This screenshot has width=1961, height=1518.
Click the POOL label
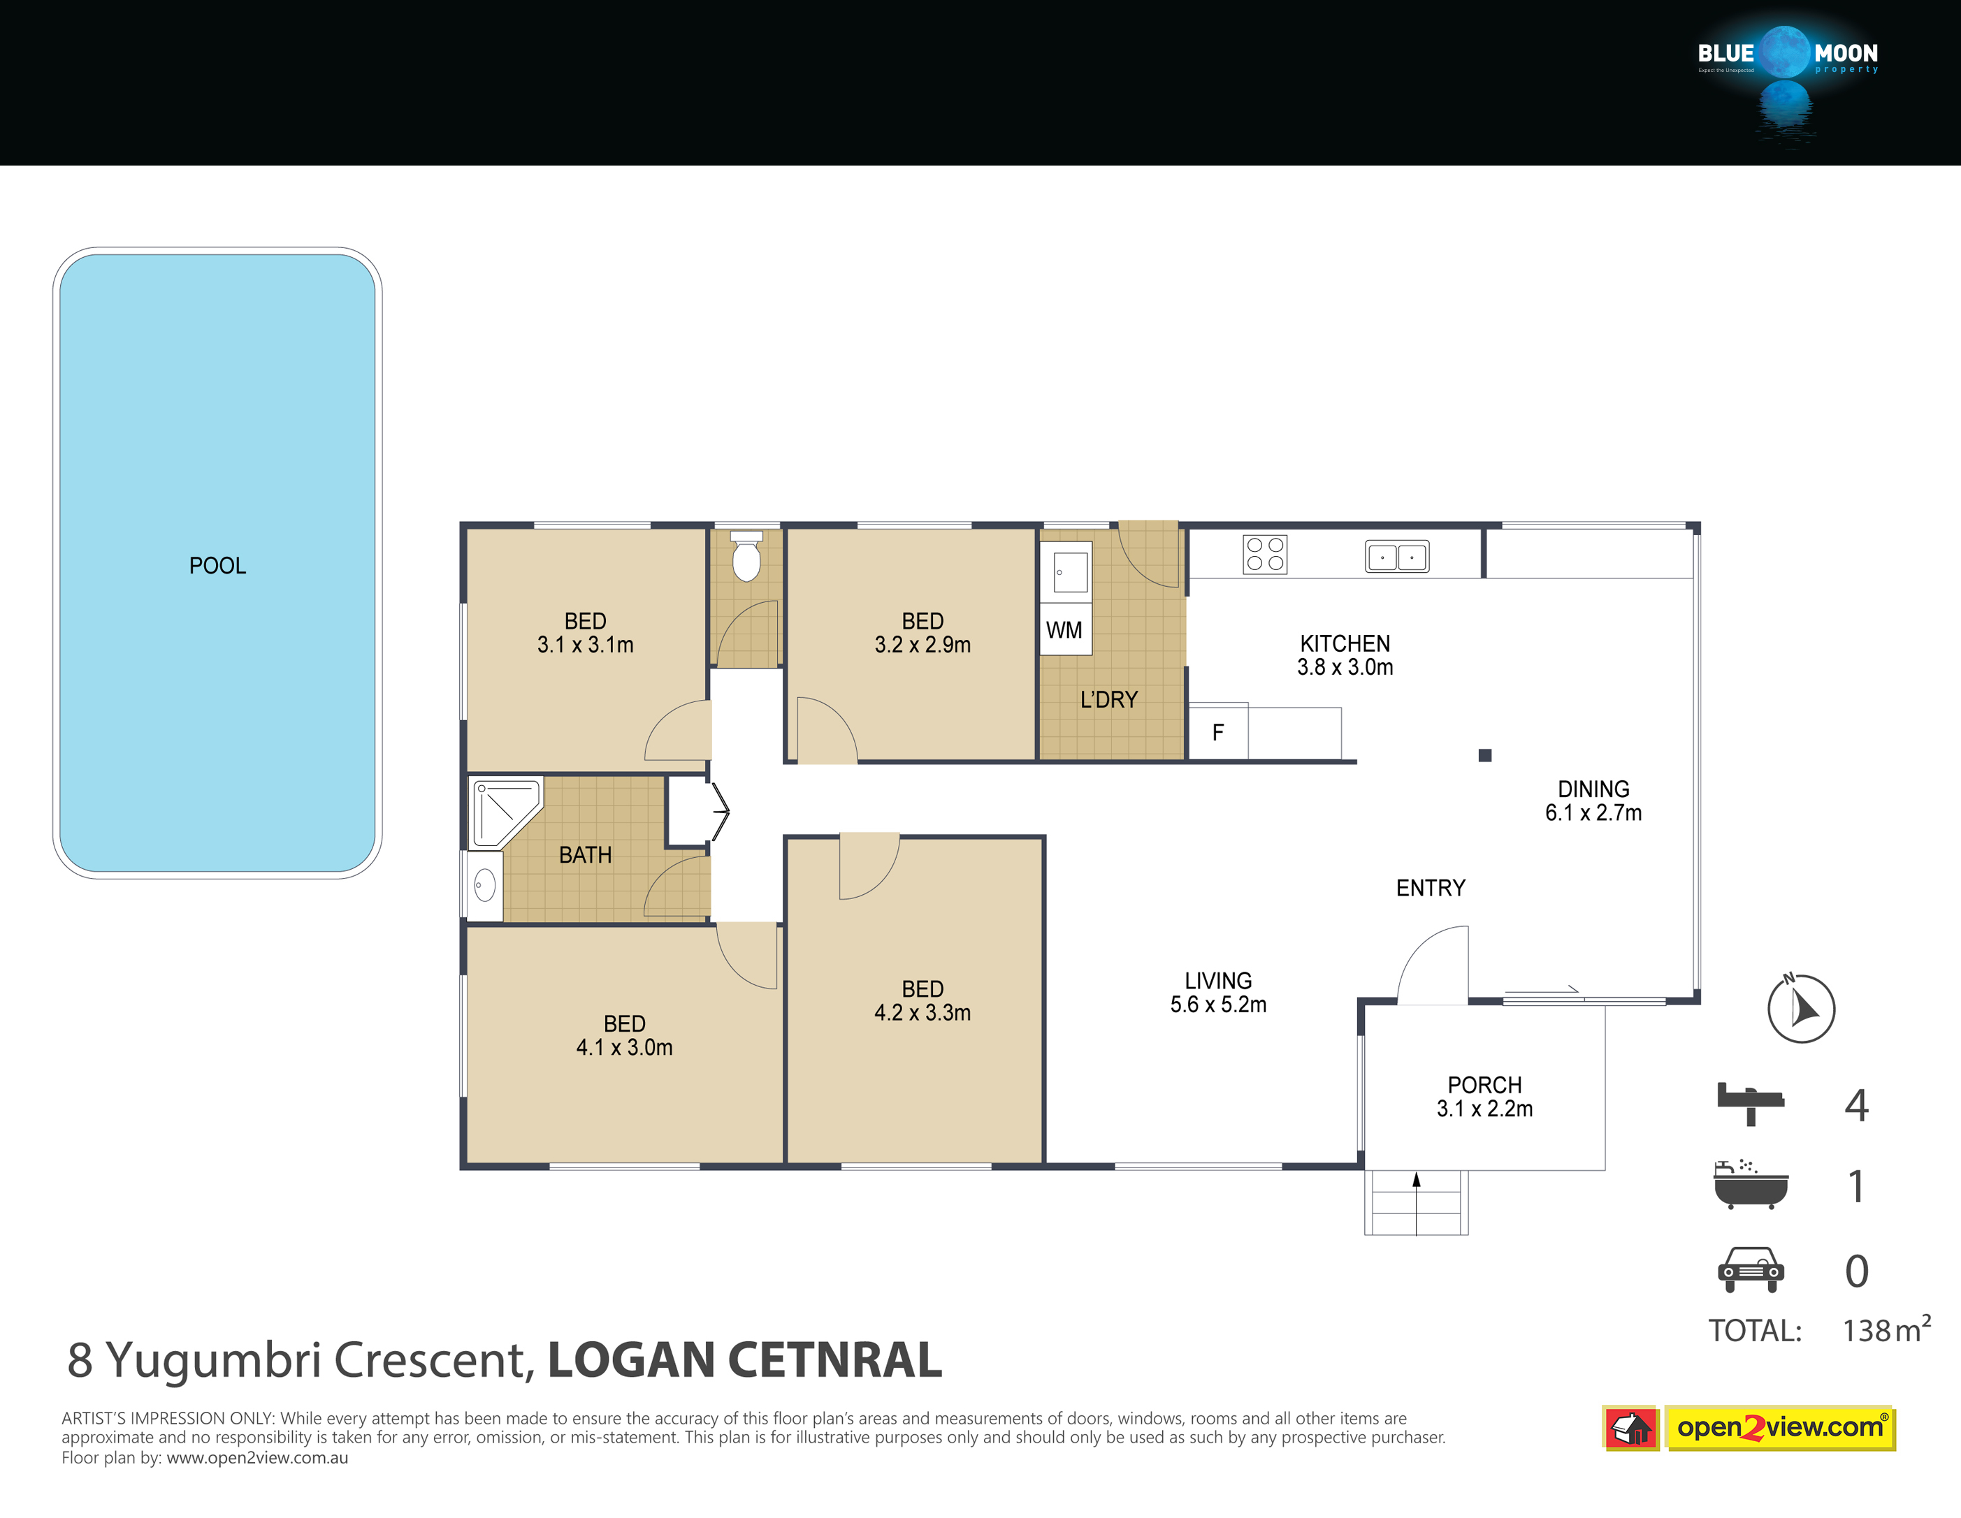point(217,566)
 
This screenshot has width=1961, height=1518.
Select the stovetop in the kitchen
point(1265,554)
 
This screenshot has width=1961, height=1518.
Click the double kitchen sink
point(1397,557)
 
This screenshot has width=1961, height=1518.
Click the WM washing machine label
point(1064,630)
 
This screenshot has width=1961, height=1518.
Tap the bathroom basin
point(485,886)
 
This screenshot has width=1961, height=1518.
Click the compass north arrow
point(1801,1008)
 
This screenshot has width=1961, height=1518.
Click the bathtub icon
point(1751,1185)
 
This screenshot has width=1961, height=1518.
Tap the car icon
point(1751,1269)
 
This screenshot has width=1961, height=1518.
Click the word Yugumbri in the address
point(214,1361)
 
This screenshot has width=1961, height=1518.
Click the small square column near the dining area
point(1485,756)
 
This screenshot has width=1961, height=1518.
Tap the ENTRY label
point(1431,888)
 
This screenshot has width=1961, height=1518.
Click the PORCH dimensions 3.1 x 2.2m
point(1485,1109)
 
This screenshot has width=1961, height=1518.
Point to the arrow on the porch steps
point(1417,1203)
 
